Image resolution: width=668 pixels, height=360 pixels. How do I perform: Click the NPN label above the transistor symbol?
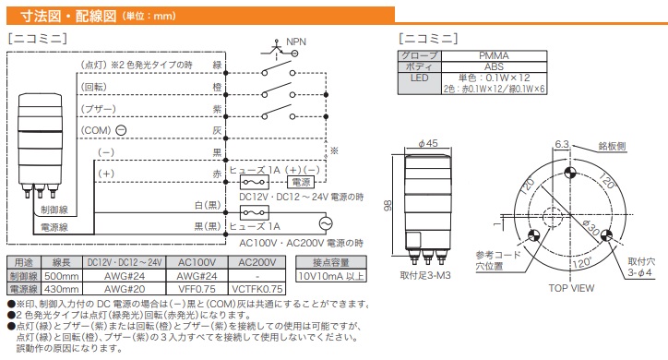click(x=296, y=42)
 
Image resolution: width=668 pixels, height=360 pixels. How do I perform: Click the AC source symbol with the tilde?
click(x=326, y=223)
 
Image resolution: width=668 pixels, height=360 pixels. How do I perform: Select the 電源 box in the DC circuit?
click(x=301, y=183)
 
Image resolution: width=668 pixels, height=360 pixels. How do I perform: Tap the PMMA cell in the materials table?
click(x=494, y=55)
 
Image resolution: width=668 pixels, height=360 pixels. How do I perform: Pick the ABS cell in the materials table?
click(x=494, y=66)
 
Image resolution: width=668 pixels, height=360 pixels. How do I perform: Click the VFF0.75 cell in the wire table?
click(x=197, y=289)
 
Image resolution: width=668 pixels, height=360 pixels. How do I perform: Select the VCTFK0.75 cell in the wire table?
click(x=256, y=289)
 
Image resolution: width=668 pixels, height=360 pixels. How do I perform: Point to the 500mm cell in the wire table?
click(x=61, y=276)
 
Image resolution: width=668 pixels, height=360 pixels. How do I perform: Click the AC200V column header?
click(x=256, y=262)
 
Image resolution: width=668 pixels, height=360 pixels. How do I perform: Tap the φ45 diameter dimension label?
click(x=428, y=143)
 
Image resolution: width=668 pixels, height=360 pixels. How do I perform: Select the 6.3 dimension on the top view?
click(x=562, y=144)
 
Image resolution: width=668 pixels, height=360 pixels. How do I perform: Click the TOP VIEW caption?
click(x=571, y=288)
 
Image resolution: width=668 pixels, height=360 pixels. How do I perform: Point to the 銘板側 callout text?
click(x=612, y=146)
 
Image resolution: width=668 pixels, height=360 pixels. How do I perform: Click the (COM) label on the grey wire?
click(x=96, y=130)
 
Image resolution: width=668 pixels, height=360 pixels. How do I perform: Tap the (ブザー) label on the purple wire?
click(x=99, y=109)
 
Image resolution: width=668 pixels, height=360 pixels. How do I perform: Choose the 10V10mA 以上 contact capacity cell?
click(x=331, y=276)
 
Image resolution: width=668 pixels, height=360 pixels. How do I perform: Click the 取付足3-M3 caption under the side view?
click(x=425, y=276)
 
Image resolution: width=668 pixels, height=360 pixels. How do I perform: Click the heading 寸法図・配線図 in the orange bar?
click(x=68, y=17)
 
